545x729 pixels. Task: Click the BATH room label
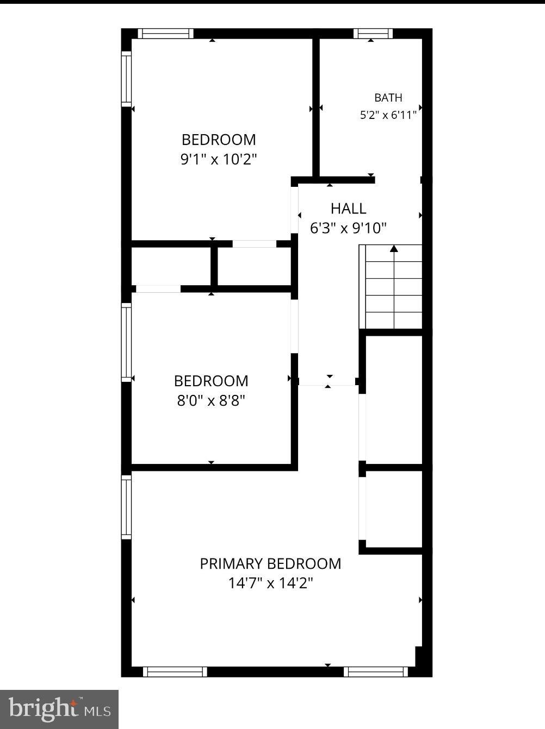(388, 98)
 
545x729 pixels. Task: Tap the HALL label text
(348, 209)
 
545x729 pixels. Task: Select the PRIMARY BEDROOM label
(270, 564)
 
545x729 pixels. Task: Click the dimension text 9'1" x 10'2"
(219, 159)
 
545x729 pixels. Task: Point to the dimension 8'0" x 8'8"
(211, 401)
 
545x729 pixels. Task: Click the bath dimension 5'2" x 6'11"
(388, 115)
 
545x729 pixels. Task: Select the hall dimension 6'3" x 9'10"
(348, 228)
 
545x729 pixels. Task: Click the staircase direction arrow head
(394, 248)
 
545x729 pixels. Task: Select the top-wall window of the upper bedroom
(165, 33)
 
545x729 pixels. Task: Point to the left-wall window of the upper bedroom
(126, 79)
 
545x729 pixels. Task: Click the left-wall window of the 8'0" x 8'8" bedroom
(126, 342)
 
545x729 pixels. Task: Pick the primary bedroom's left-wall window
(126, 507)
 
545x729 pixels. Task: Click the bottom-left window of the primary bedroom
(175, 672)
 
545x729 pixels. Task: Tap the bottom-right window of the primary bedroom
(376, 672)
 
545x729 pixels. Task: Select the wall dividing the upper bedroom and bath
(316, 108)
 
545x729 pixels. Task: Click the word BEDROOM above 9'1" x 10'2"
(219, 140)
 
